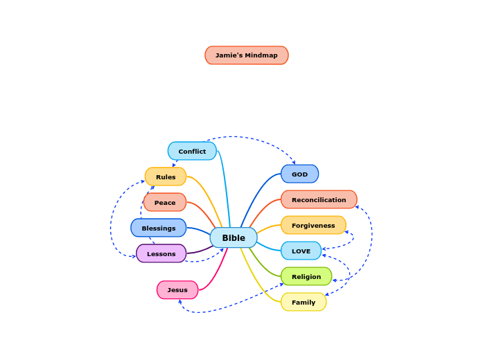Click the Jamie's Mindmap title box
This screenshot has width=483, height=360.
tap(246, 55)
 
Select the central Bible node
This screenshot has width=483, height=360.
tap(234, 237)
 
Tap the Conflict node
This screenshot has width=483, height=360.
tap(192, 151)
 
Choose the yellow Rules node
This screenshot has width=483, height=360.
tap(166, 177)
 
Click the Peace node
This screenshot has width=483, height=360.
tap(165, 202)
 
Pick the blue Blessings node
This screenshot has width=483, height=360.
tap(159, 228)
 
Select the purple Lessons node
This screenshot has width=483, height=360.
tap(161, 253)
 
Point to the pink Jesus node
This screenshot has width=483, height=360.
tap(177, 289)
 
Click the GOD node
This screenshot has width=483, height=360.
tap(299, 174)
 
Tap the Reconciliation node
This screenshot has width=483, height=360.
tap(319, 199)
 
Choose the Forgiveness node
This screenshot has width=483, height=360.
tap(313, 225)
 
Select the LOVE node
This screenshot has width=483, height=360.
tap(301, 251)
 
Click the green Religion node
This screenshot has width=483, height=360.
tap(306, 276)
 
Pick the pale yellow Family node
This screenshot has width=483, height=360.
tap(304, 302)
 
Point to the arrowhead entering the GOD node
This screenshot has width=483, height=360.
tap(294, 163)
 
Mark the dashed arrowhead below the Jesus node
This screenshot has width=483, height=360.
tap(179, 301)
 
